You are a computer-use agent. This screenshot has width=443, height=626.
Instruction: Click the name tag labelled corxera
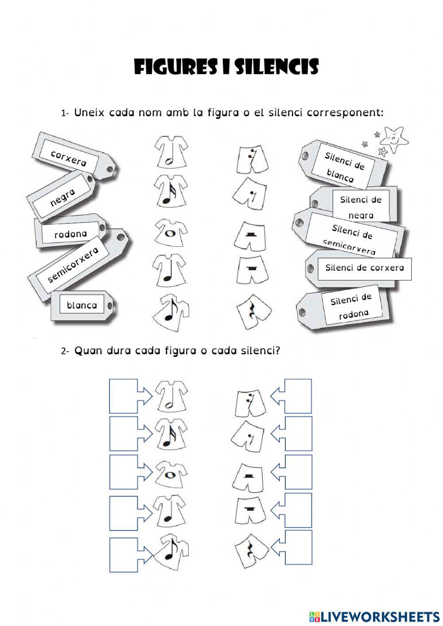69,158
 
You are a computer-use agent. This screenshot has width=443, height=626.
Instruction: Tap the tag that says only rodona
70,233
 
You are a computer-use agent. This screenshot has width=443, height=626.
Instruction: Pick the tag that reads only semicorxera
73,264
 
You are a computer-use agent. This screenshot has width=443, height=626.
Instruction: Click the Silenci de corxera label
364,268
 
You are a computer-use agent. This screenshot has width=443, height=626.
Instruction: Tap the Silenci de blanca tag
344,167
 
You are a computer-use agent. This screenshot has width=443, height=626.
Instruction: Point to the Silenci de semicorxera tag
352,239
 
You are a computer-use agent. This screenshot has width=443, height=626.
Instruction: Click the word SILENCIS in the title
276,67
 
